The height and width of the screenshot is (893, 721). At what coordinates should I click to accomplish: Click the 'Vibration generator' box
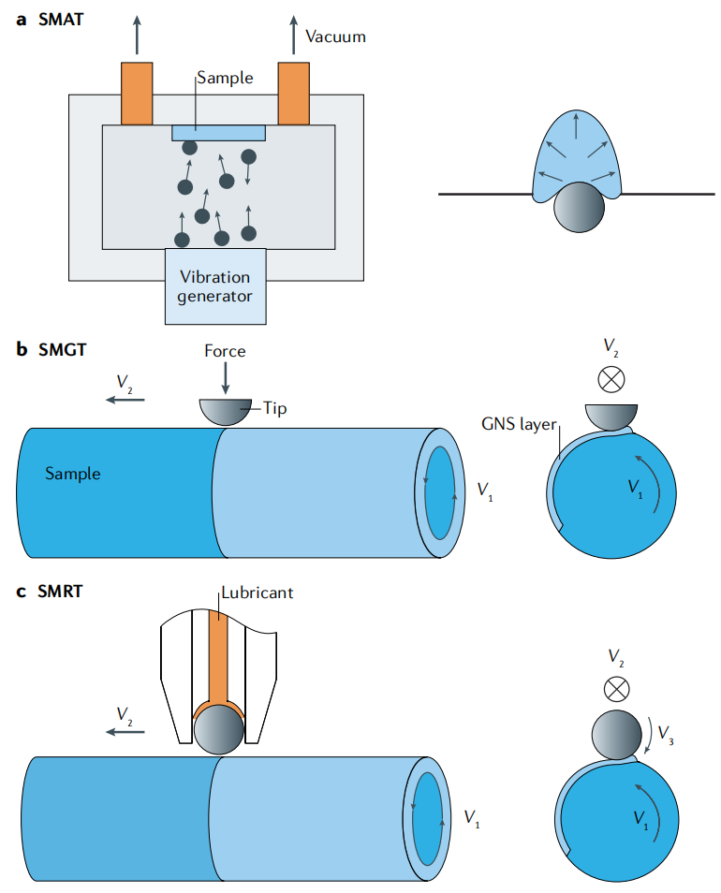click(215, 286)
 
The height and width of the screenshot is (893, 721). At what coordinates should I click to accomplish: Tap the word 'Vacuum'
click(335, 37)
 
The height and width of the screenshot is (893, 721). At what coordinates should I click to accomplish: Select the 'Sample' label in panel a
click(225, 78)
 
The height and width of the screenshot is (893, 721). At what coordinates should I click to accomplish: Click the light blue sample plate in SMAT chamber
click(219, 133)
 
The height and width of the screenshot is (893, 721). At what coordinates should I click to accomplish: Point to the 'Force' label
click(225, 351)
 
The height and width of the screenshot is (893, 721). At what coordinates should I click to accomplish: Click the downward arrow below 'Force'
click(226, 378)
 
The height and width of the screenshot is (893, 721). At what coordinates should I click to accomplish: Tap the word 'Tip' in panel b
click(274, 409)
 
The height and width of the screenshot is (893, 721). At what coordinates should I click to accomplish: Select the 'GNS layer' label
click(519, 424)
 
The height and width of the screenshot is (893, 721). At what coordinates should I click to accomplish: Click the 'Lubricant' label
click(257, 593)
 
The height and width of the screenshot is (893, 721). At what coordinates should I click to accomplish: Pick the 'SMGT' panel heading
click(62, 349)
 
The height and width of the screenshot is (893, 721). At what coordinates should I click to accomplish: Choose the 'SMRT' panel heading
click(60, 592)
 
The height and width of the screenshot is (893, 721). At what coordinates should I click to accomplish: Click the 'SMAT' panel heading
click(61, 20)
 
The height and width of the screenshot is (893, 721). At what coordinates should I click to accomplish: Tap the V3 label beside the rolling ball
click(665, 734)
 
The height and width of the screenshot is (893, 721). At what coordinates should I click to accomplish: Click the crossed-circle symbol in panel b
click(611, 380)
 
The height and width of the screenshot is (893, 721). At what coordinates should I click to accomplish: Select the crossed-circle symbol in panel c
click(617, 690)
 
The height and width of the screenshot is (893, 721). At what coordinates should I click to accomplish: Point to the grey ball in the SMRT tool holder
click(219, 729)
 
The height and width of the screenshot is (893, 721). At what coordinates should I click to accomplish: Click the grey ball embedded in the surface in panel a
click(579, 207)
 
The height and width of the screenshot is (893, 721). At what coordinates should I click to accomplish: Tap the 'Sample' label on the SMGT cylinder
click(73, 474)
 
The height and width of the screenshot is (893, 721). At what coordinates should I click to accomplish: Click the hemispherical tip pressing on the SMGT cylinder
click(226, 412)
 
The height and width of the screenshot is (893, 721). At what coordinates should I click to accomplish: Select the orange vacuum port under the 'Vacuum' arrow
click(294, 94)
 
